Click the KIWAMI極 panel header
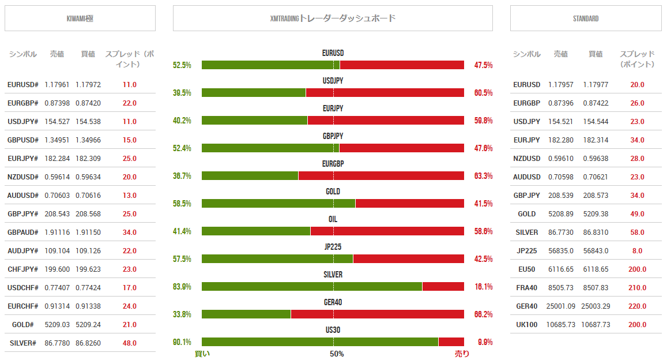[80, 18]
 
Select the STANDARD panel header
[586, 18]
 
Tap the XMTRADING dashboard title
[333, 18]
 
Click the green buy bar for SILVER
[311, 287]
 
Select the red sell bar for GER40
[377, 314]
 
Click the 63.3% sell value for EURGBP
[483, 176]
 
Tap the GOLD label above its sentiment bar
[333, 192]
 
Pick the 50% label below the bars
[337, 354]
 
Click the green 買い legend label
[202, 354]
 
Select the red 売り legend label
[462, 354]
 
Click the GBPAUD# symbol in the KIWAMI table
[23, 232]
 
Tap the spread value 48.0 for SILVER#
[129, 343]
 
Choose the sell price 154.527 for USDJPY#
[56, 121]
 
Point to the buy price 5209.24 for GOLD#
[88, 324]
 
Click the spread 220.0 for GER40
[636, 306]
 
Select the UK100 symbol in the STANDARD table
[527, 324]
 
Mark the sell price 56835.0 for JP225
[560, 250]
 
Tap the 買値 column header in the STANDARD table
[596, 54]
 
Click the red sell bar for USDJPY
[385, 93]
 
